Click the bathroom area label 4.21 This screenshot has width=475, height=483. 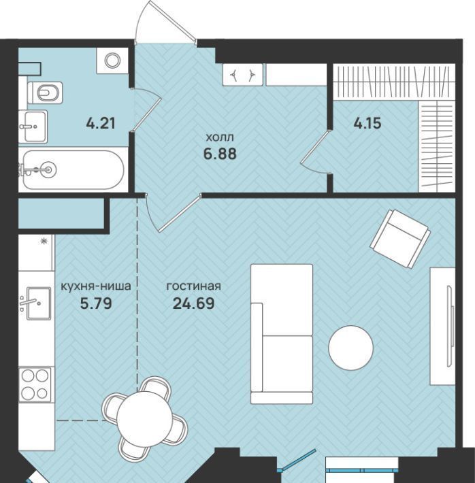point(101,123)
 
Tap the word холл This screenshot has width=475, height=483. point(220,137)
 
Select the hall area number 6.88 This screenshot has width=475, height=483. point(220,153)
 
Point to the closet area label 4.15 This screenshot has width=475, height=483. point(367,123)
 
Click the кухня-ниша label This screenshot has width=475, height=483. point(96,286)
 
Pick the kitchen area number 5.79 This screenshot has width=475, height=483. point(96,303)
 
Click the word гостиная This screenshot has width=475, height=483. point(193,286)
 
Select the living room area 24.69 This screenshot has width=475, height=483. point(193,303)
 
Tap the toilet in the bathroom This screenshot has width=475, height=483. point(46,93)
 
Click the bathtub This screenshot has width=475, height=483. point(73,169)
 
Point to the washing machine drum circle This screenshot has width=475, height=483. point(112,61)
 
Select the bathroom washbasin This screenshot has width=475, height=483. point(33,127)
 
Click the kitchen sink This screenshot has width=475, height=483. point(39,303)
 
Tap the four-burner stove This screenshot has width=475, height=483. point(35,384)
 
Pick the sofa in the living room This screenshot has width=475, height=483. point(282,334)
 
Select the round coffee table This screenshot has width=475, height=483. point(350,348)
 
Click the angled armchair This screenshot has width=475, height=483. point(400,239)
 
